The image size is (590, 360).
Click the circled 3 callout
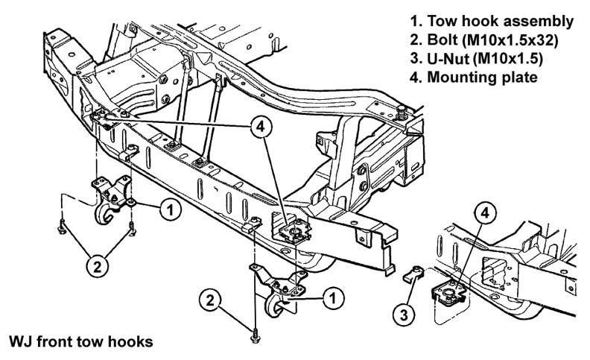404,313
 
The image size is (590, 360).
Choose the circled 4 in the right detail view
485,212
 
